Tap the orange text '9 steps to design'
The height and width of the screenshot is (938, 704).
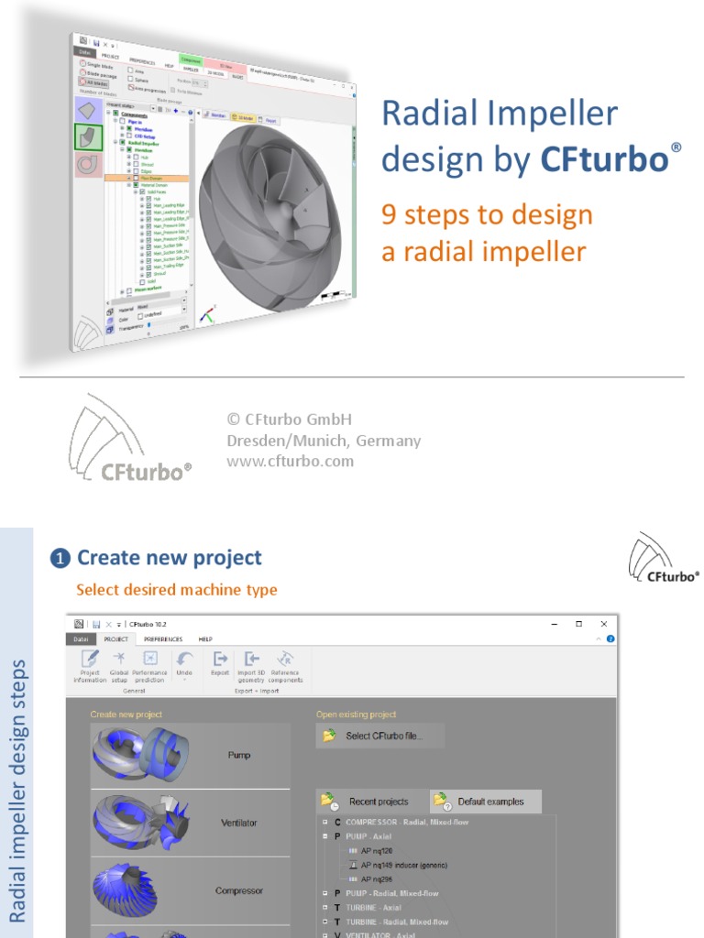pyautogui.click(x=487, y=215)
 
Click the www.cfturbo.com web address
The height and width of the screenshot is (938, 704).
pyautogui.click(x=290, y=461)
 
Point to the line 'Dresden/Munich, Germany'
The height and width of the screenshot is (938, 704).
pyautogui.click(x=324, y=441)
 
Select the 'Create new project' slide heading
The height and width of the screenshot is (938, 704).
pyautogui.click(x=170, y=558)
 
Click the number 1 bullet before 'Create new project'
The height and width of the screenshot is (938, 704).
pyautogui.click(x=60, y=559)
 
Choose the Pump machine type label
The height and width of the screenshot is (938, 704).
pyautogui.click(x=239, y=755)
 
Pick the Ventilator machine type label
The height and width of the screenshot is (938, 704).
pyautogui.click(x=239, y=823)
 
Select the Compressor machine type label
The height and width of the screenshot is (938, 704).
pyautogui.click(x=239, y=890)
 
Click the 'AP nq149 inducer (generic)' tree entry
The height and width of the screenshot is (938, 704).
pyautogui.click(x=403, y=864)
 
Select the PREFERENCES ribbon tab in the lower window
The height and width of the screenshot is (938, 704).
pyautogui.click(x=163, y=638)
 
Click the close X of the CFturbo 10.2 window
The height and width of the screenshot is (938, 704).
pyautogui.click(x=603, y=624)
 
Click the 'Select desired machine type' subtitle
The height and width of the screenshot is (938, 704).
pyautogui.click(x=176, y=590)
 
